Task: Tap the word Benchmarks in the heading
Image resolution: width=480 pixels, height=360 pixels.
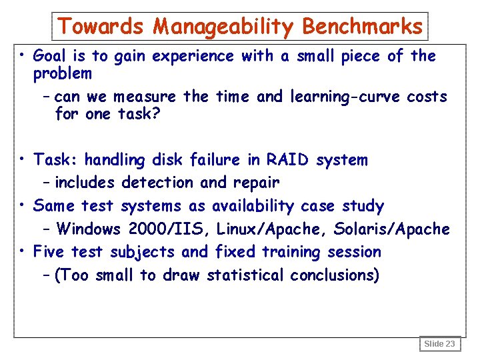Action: click(x=362, y=27)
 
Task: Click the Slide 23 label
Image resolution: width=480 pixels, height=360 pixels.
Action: click(x=440, y=344)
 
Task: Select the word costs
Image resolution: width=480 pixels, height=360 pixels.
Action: click(x=425, y=97)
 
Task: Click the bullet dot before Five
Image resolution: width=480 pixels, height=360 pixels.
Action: click(x=23, y=251)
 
